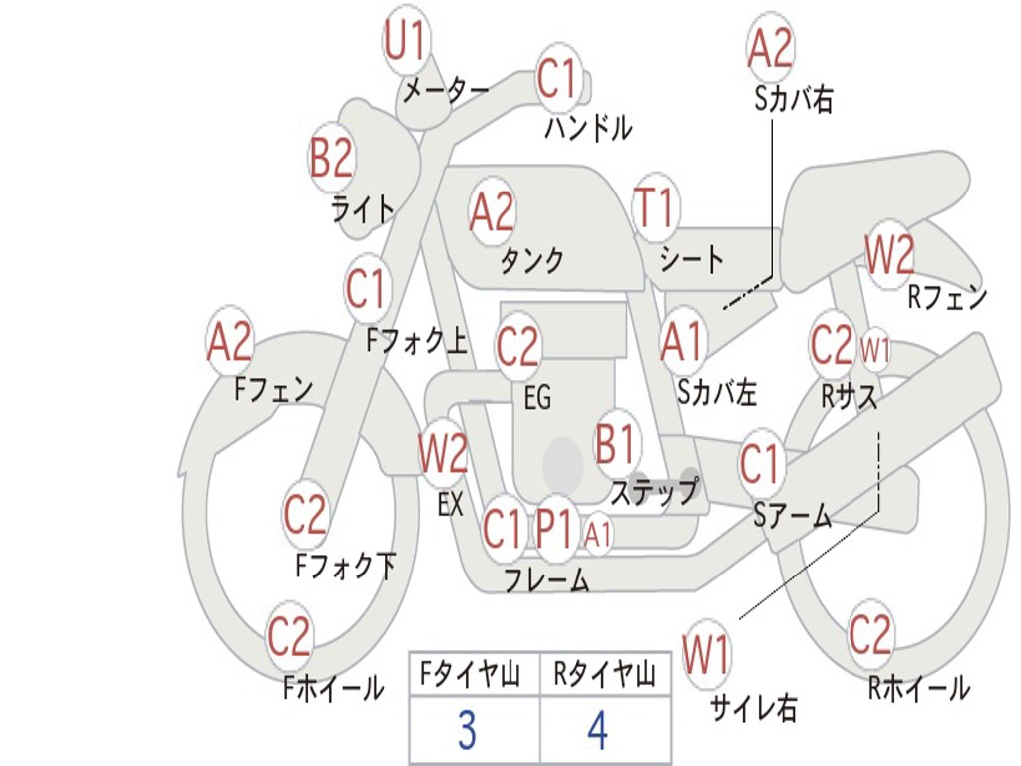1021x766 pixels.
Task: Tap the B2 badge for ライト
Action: point(332,157)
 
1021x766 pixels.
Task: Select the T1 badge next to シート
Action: point(655,209)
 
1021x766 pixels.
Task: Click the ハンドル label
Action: point(588,128)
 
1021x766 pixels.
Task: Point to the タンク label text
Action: point(531,261)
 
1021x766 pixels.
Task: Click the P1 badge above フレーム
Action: point(554,529)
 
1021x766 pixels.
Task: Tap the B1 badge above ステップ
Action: point(616,445)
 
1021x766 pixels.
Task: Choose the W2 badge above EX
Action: point(443,455)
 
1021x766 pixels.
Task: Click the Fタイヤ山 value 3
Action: point(467,730)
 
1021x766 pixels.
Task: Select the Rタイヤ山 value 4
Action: point(597,730)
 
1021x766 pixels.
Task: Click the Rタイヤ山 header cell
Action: point(604,676)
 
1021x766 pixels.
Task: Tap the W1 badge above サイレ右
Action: point(706,656)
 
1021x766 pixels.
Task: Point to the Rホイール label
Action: point(918,687)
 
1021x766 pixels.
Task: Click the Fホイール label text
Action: point(333,688)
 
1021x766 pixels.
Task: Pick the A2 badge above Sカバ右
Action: point(770,48)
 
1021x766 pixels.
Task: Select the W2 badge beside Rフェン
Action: point(888,257)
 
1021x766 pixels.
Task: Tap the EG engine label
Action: point(537,399)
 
